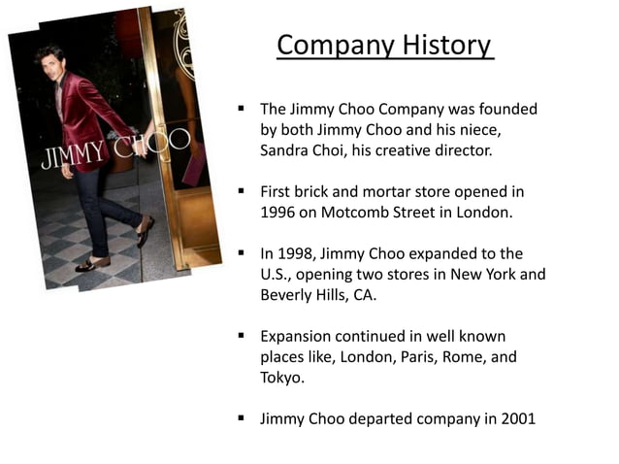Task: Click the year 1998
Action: pyautogui.click(x=299, y=253)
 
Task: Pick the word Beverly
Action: pyautogui.click(x=287, y=294)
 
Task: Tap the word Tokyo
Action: pyautogui.click(x=281, y=378)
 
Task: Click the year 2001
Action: pyautogui.click(x=516, y=419)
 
